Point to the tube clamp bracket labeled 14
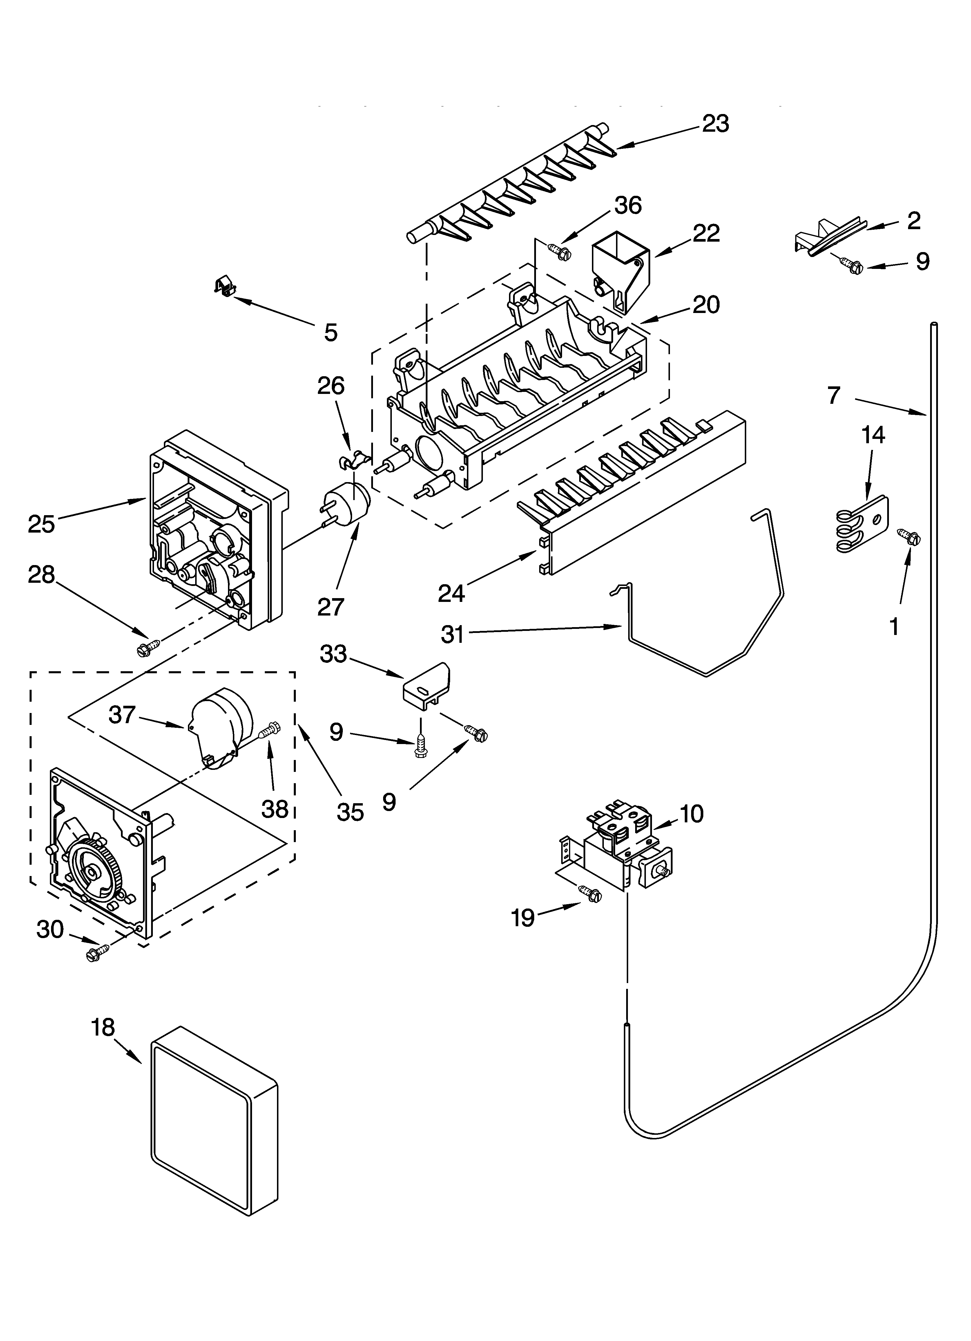pos(861,523)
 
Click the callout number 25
pos(41,524)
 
